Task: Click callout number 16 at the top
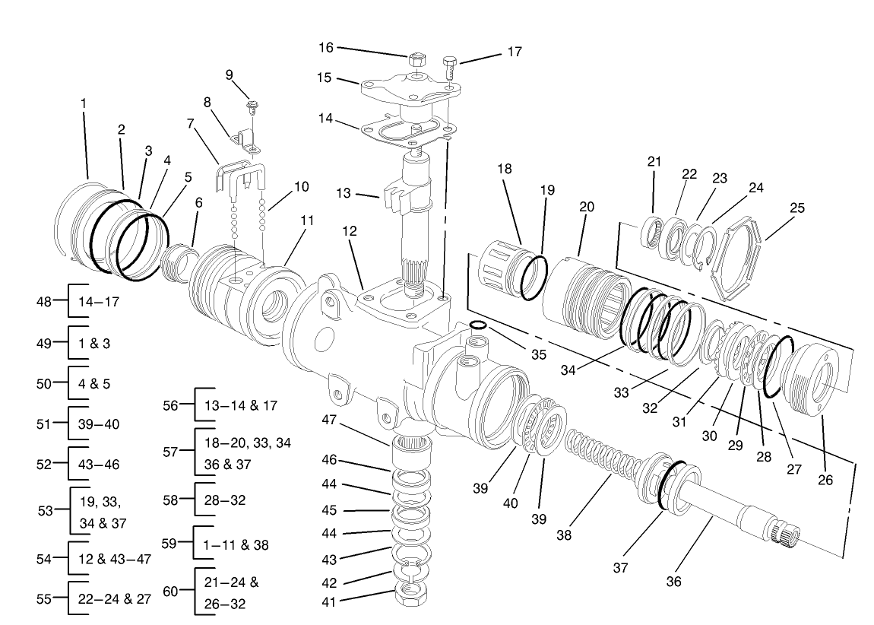325,47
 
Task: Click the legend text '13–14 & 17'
240,405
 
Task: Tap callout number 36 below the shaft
673,582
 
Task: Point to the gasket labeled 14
406,132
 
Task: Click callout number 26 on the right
825,480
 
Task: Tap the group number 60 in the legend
172,591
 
